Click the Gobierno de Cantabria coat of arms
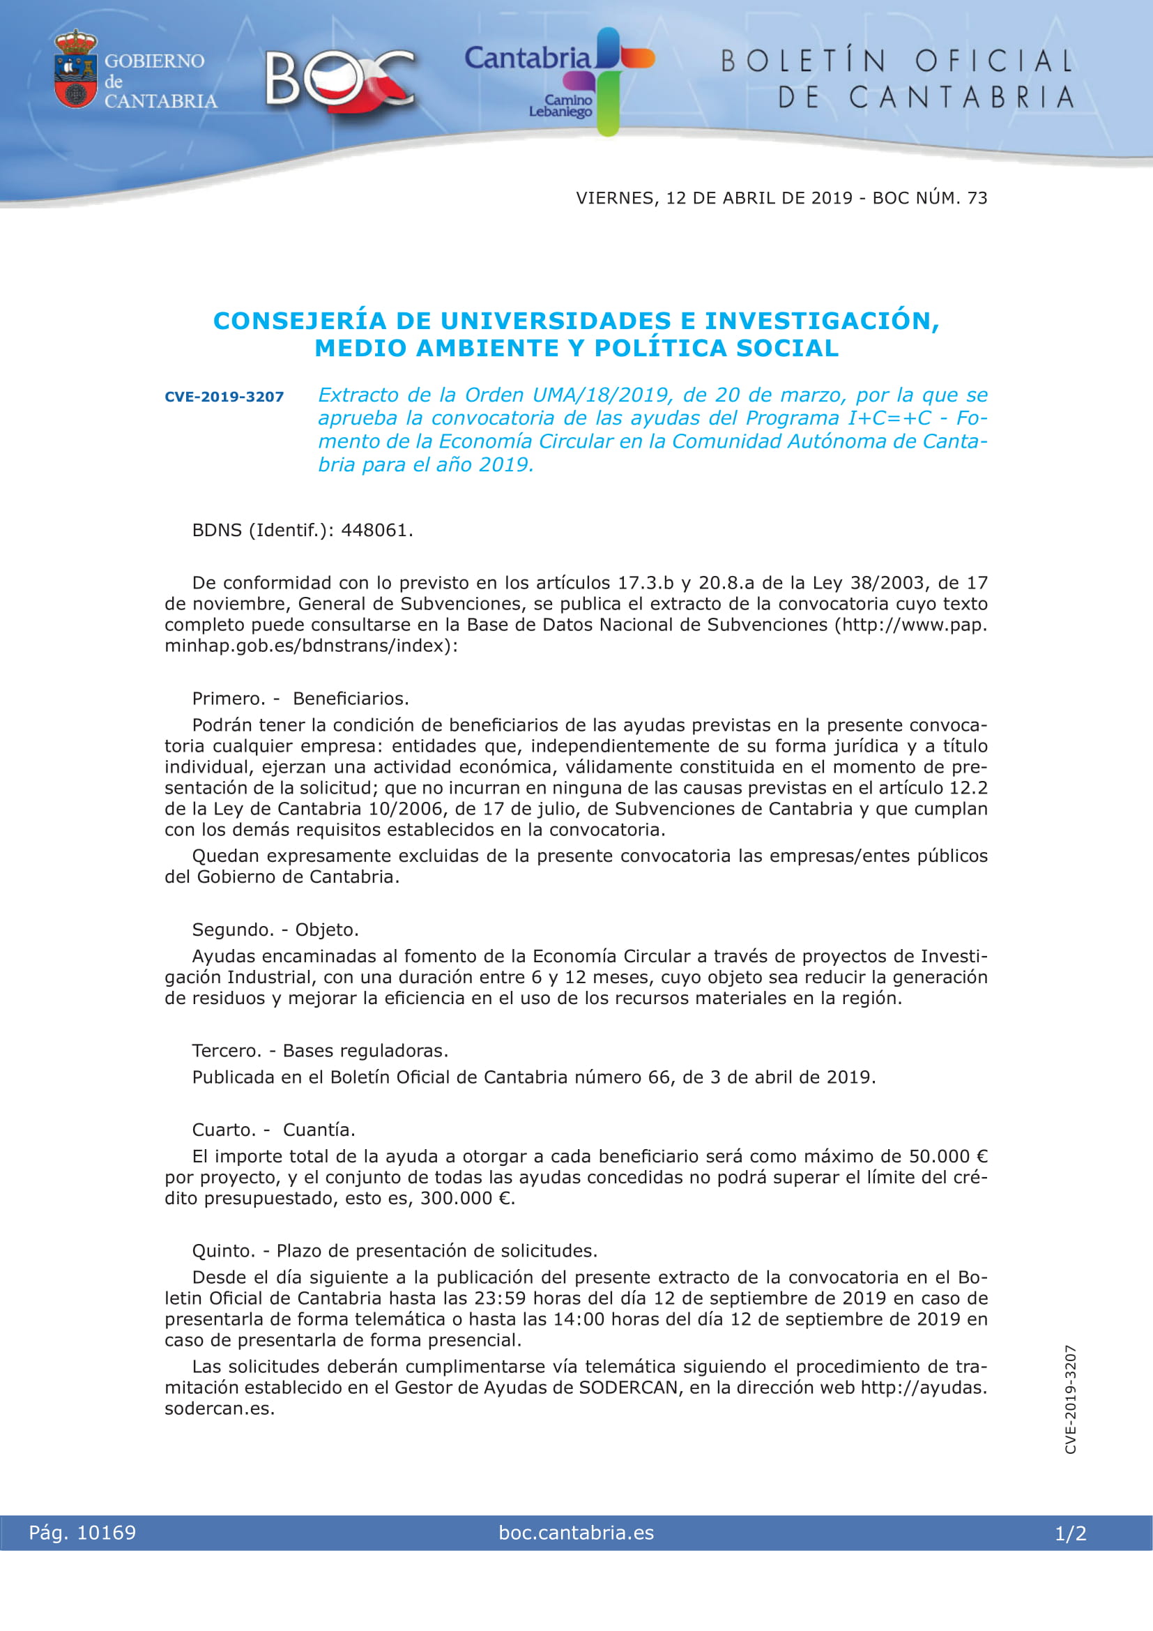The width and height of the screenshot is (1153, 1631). [x=75, y=69]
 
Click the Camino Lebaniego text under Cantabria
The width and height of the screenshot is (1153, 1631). [x=560, y=107]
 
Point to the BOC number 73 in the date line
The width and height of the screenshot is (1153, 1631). [x=977, y=198]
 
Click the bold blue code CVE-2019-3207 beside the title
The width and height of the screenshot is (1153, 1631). [x=224, y=397]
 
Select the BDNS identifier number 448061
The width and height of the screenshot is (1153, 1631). [x=375, y=531]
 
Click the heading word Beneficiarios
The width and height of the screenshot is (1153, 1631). [x=351, y=698]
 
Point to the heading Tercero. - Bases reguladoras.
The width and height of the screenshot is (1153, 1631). [x=320, y=1051]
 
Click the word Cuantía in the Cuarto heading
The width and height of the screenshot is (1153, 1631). [x=319, y=1130]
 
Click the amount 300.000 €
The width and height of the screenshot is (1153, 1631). [x=466, y=1199]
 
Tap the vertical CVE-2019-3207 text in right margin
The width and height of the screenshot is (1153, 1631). [x=1071, y=1399]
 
